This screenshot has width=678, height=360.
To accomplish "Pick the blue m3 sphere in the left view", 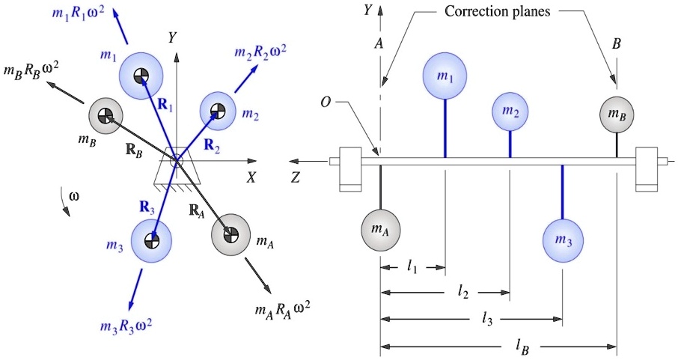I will click(151, 240).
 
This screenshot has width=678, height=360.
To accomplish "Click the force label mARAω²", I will click(282, 308).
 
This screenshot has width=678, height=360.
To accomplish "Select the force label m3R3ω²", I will click(126, 326).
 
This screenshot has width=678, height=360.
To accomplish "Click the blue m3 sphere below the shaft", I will click(563, 240).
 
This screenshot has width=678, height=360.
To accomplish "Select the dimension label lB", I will click(520, 346).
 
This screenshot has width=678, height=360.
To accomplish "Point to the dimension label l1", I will click(412, 268).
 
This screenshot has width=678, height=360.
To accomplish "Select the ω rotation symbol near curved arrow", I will click(73, 197).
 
